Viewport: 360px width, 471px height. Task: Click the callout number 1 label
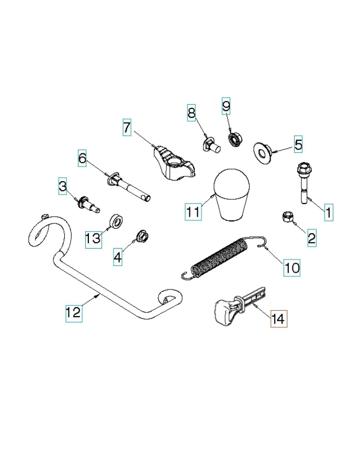(x=328, y=212)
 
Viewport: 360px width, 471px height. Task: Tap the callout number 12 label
(x=73, y=312)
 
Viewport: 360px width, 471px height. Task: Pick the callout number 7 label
(x=127, y=127)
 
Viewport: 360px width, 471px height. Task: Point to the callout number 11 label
(x=193, y=212)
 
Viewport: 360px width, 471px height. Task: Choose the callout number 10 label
(x=291, y=268)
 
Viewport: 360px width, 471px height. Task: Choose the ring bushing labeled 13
(x=115, y=221)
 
